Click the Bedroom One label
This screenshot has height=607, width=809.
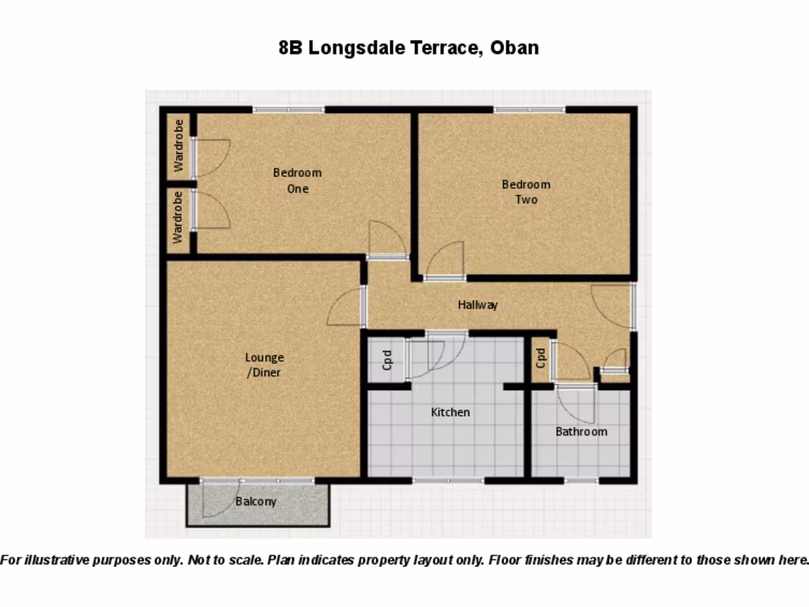coord(298,180)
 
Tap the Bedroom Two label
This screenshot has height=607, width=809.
coord(526,192)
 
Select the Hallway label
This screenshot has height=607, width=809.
coord(478,304)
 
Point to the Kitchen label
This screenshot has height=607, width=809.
coord(450,412)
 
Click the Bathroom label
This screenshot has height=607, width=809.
coord(581,432)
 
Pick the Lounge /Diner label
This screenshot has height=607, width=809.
coord(264,365)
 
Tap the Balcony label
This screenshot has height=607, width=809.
coord(256,501)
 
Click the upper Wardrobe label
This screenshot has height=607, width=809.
coord(179,146)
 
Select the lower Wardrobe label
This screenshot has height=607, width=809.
coord(179,217)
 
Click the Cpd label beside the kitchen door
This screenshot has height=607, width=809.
coord(387,360)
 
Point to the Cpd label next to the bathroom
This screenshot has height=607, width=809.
coord(541,359)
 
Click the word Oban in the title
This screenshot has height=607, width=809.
coord(514,47)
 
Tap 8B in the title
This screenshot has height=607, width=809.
coord(291,47)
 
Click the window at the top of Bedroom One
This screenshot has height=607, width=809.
coord(288,109)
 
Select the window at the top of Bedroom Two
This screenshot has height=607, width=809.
coord(529,109)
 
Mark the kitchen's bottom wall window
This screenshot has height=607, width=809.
coord(448,480)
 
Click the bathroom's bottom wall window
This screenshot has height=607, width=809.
coord(581,480)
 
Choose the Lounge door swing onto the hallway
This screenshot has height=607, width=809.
coord(346,307)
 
